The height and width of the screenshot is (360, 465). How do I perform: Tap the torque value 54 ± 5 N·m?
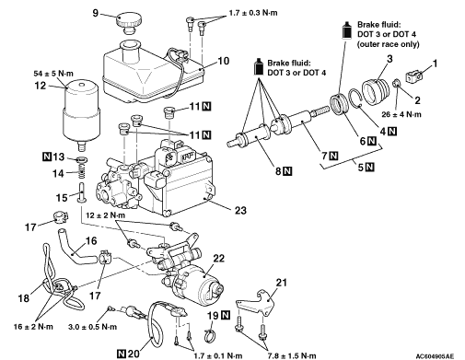(53, 74)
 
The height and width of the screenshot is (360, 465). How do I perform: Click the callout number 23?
(240, 210)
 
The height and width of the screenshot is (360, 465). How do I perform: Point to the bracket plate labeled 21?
(255, 303)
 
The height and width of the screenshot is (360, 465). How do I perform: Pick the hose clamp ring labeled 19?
(211, 335)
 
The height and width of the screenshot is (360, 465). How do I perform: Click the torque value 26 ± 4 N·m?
(401, 114)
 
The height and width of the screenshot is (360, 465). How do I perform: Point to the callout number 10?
(224, 61)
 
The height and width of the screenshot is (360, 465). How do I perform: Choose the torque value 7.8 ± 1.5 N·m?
(292, 355)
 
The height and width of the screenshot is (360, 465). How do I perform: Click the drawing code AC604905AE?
(435, 356)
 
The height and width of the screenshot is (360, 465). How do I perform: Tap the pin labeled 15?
(81, 192)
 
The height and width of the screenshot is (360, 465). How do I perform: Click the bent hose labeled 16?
(75, 249)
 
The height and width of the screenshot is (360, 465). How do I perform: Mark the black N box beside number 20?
(122, 354)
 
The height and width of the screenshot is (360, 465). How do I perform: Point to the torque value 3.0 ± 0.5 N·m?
(92, 327)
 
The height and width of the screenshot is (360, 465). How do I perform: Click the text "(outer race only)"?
(388, 44)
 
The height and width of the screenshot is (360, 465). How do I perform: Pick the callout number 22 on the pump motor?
(219, 258)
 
